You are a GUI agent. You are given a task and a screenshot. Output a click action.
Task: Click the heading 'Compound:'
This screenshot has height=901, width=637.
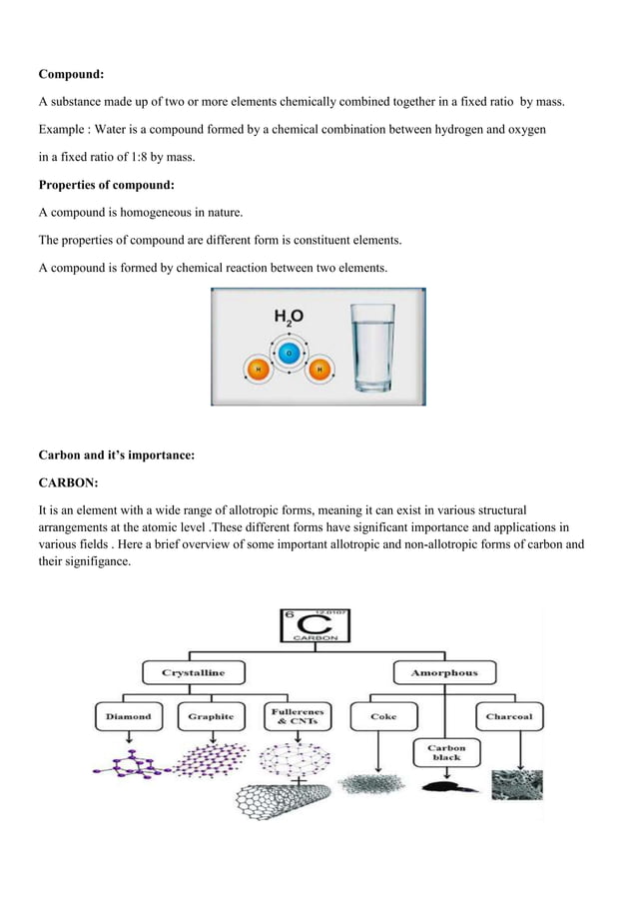tap(71, 74)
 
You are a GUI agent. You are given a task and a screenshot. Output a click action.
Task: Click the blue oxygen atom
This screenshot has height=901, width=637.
tap(289, 353)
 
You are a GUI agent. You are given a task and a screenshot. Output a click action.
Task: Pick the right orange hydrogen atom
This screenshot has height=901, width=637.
tap(319, 371)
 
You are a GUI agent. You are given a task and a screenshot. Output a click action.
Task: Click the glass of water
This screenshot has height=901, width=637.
tap(373, 348)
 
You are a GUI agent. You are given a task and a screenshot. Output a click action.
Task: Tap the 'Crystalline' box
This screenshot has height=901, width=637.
tap(194, 673)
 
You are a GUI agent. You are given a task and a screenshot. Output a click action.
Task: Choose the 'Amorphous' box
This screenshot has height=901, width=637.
tap(444, 673)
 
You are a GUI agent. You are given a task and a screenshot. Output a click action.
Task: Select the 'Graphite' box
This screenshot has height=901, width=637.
tap(211, 716)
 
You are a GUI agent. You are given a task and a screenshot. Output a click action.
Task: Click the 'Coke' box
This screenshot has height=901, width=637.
tap(382, 716)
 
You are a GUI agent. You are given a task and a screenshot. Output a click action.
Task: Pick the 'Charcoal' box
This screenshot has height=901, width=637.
tap(508, 716)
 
